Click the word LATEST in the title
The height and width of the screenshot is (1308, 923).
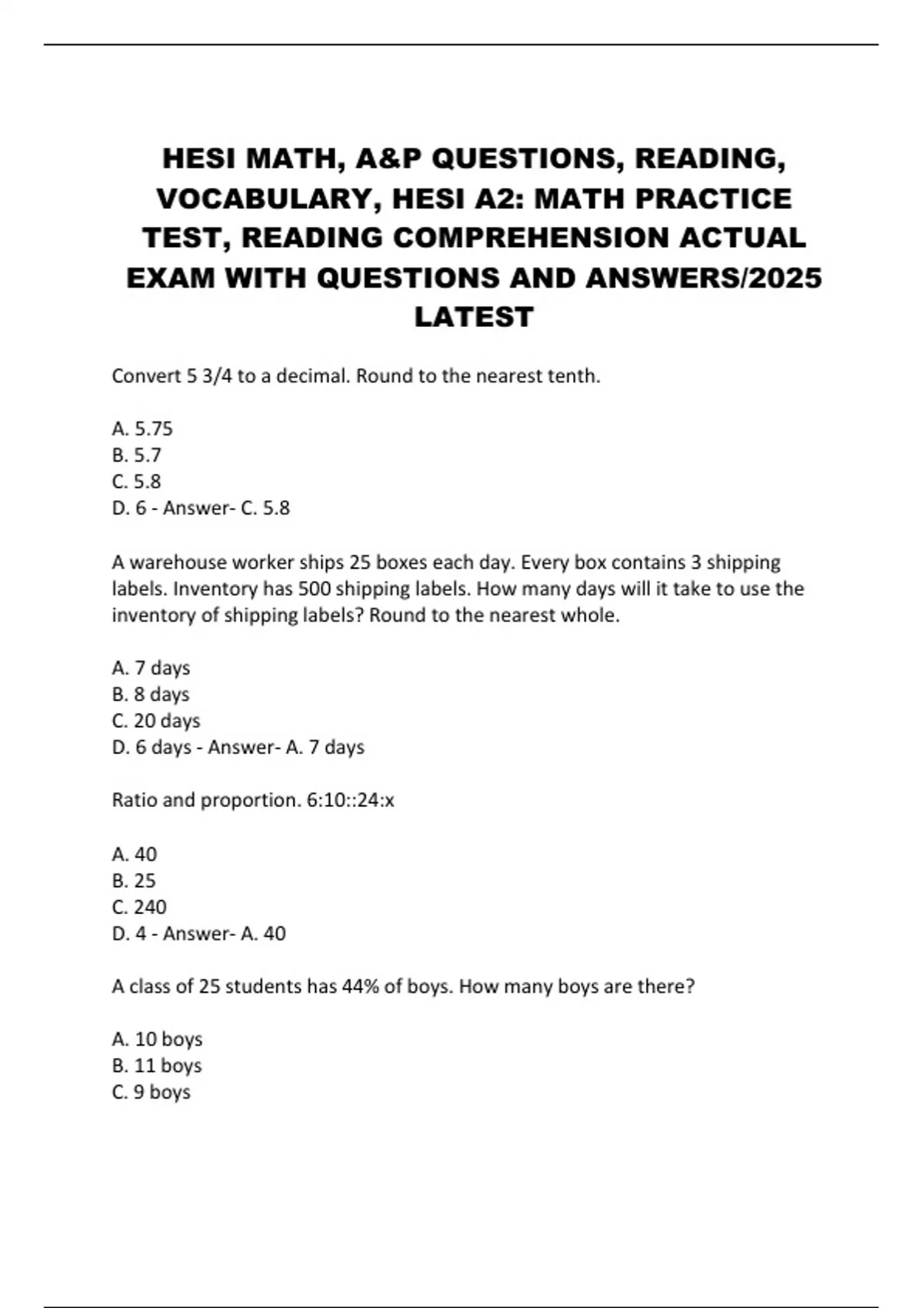[x=474, y=317]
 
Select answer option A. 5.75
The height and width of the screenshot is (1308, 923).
[x=142, y=429]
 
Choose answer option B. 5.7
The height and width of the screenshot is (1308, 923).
[x=136, y=455]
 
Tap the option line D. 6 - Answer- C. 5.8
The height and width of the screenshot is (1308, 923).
[x=200, y=508]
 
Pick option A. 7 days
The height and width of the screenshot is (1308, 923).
[x=151, y=668]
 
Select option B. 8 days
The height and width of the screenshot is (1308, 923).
[x=151, y=694]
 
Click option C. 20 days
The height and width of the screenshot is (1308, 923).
[x=156, y=721]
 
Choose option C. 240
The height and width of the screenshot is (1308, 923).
[x=139, y=907]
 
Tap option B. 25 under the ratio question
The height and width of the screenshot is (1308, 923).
[x=134, y=880]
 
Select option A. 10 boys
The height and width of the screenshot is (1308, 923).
[x=157, y=1039]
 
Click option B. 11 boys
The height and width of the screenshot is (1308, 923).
[x=157, y=1066]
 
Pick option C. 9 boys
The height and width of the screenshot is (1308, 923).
[x=152, y=1093]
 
